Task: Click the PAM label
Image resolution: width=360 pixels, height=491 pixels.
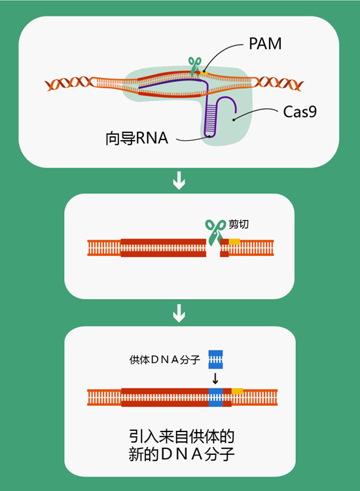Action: point(265,44)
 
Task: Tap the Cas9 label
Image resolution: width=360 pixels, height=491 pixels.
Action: point(300,112)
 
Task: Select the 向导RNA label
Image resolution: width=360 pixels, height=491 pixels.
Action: point(137,138)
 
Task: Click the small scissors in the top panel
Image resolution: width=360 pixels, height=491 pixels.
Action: point(194,65)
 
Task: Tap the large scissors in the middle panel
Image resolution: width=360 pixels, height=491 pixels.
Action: point(214,231)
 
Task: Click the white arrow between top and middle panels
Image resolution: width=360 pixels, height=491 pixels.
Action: point(179,181)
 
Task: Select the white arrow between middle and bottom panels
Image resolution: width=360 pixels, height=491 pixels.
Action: point(179,315)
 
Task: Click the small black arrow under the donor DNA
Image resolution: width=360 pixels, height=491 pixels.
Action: point(215,378)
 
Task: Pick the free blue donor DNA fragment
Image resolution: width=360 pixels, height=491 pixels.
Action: point(215,359)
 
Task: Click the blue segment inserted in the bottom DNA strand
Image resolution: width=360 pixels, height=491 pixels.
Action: point(215,397)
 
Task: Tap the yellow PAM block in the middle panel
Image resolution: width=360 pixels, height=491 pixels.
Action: point(234,242)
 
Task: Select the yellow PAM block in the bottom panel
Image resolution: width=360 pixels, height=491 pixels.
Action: point(237,391)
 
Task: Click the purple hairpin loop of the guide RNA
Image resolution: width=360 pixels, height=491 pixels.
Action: point(211,118)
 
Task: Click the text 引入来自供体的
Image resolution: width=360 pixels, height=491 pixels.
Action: point(179,435)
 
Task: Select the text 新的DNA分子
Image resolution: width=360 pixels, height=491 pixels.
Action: point(179,454)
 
